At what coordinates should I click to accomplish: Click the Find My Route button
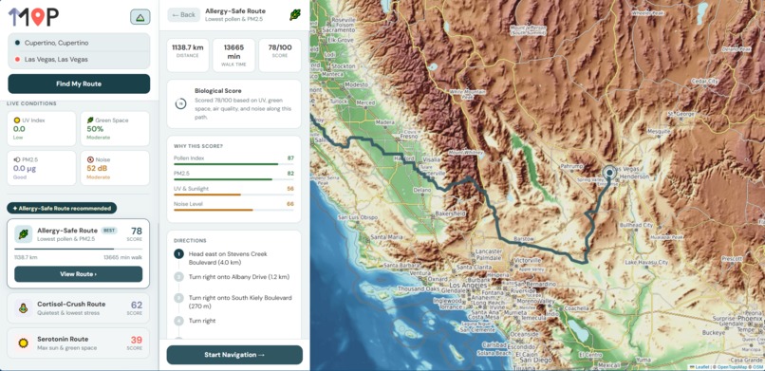pos(79,83)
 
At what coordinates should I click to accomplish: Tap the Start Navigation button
pos(234,354)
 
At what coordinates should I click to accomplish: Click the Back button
pos(184,15)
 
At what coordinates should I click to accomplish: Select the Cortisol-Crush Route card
pos(79,306)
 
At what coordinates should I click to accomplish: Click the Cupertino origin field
pos(79,43)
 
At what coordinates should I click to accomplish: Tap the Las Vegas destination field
pos(79,59)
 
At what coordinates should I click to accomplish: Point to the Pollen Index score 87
pos(290,158)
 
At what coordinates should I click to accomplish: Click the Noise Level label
pos(190,203)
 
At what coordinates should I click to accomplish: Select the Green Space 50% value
pos(96,128)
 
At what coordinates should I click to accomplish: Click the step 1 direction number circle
pos(178,253)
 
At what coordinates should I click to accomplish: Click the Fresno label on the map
pos(409,136)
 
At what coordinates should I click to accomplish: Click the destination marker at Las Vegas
pos(609,173)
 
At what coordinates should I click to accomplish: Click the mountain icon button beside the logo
pos(140,17)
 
